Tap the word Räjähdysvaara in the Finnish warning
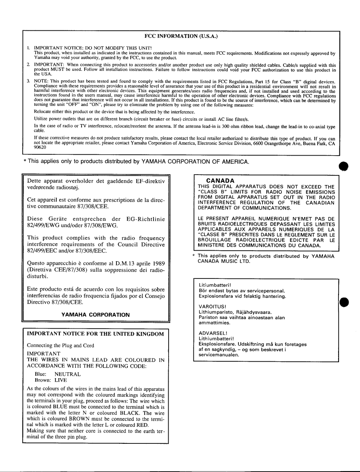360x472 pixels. tap(251, 312)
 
